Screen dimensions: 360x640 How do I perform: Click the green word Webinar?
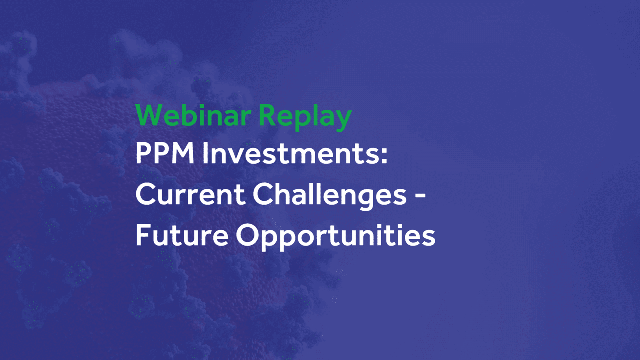(193, 115)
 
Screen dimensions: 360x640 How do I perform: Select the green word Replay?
(305, 116)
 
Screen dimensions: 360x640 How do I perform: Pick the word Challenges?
(329, 195)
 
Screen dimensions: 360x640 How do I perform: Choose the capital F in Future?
(143, 235)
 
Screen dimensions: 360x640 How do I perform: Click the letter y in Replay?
(344, 119)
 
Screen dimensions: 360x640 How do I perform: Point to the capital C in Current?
(146, 194)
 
